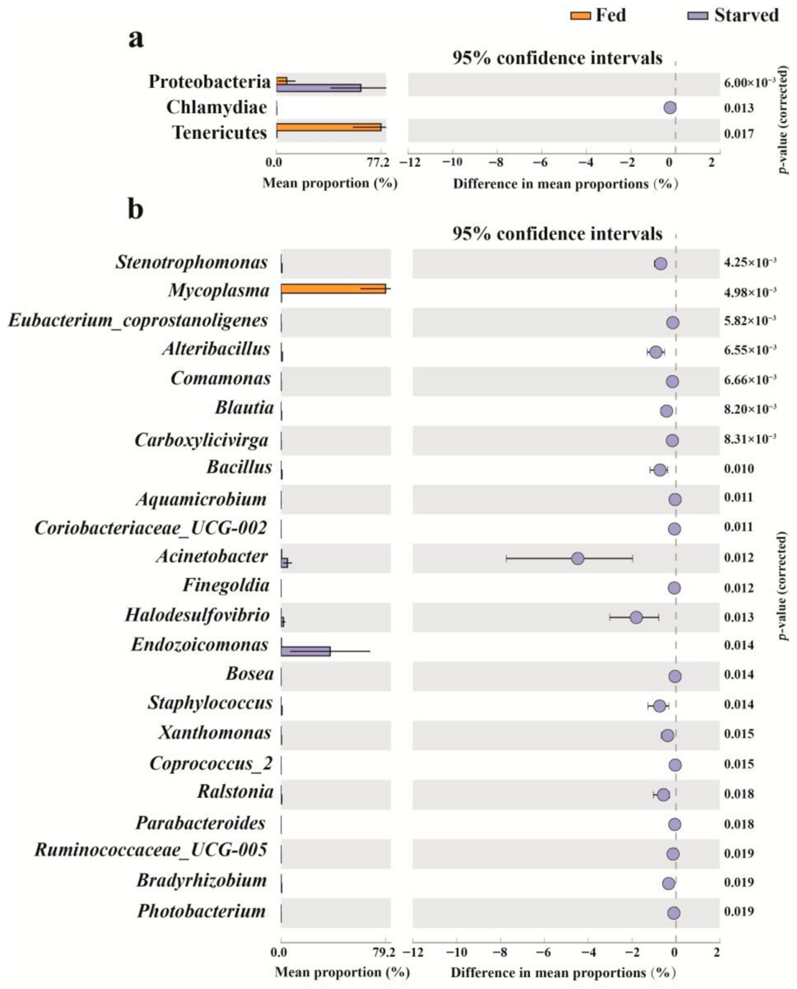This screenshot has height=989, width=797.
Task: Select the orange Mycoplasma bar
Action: [x=333, y=288]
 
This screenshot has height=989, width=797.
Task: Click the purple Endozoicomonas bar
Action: [x=305, y=651]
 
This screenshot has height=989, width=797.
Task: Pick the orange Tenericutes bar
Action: [x=329, y=127]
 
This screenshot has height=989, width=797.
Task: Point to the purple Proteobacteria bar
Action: [x=319, y=88]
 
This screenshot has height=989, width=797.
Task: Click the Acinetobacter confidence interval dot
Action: [x=578, y=558]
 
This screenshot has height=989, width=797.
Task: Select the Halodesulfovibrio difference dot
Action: [x=636, y=617]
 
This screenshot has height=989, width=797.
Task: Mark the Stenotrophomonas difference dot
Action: [x=661, y=263]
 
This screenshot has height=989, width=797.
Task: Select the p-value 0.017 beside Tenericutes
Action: [x=739, y=134]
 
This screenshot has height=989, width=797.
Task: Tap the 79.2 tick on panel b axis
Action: [x=385, y=953]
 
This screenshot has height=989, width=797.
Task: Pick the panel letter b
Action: [x=135, y=209]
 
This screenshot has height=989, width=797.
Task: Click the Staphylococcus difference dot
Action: [x=659, y=706]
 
